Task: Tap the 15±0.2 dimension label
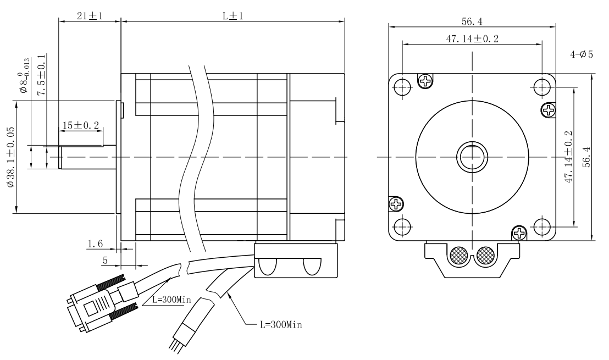80,125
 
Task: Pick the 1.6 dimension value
95,243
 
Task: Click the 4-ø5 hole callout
582,55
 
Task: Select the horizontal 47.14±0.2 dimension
472,38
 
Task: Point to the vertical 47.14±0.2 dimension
568,157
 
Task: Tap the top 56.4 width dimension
472,21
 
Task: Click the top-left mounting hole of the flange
402,86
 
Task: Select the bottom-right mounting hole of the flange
542,225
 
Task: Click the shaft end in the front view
472,157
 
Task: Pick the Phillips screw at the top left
426,81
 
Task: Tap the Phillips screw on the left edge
396,204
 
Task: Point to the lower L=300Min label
280,324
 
